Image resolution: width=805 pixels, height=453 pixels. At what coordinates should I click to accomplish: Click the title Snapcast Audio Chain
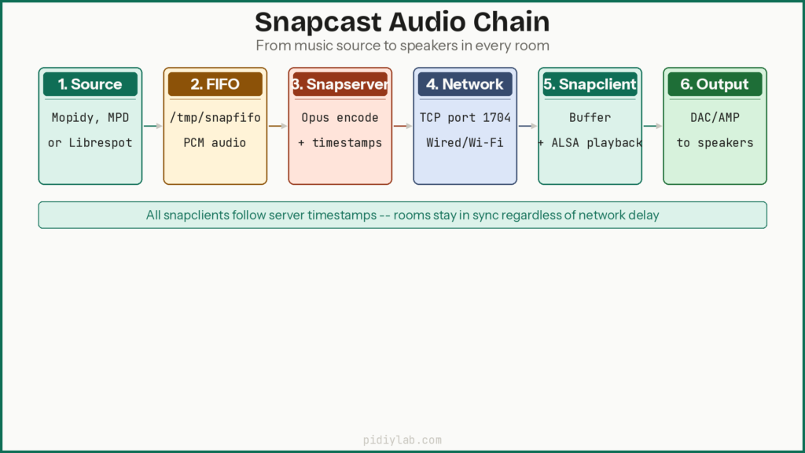pos(402,21)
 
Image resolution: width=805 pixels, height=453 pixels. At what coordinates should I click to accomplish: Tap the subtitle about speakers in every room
pos(402,46)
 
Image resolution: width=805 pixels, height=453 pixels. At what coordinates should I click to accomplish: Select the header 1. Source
pos(90,84)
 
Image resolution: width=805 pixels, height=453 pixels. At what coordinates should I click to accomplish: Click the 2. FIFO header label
pos(215,84)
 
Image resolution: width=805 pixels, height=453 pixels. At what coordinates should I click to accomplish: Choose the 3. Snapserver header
pos(340,84)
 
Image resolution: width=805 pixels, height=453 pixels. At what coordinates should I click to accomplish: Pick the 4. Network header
pos(465,84)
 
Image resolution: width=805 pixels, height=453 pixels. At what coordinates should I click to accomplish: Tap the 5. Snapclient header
pos(590,84)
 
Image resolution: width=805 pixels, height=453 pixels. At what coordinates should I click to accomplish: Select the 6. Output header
pos(715,84)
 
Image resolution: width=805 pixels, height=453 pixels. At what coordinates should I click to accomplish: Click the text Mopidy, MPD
pos(90,118)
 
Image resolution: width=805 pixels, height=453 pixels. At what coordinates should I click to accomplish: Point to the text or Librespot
pos(90,143)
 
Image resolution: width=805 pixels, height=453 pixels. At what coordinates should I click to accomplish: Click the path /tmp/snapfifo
pos(215,118)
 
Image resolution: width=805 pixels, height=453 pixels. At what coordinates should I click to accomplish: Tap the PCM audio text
pos(215,143)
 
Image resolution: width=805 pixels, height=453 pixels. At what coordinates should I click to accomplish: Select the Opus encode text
pos(340,118)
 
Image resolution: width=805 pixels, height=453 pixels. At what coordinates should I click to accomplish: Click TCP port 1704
pos(465,118)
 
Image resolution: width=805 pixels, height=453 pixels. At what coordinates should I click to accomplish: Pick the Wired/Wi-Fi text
pos(465,143)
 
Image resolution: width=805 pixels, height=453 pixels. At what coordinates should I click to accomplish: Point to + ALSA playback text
pos(590,143)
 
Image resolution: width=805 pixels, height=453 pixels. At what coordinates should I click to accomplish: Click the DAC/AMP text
pos(715,118)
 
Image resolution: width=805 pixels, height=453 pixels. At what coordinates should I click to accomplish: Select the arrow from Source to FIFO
pos(153,126)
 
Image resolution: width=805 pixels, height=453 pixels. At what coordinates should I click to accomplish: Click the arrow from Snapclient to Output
pos(652,126)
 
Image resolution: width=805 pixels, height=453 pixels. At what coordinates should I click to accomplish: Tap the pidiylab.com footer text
pos(402,440)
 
